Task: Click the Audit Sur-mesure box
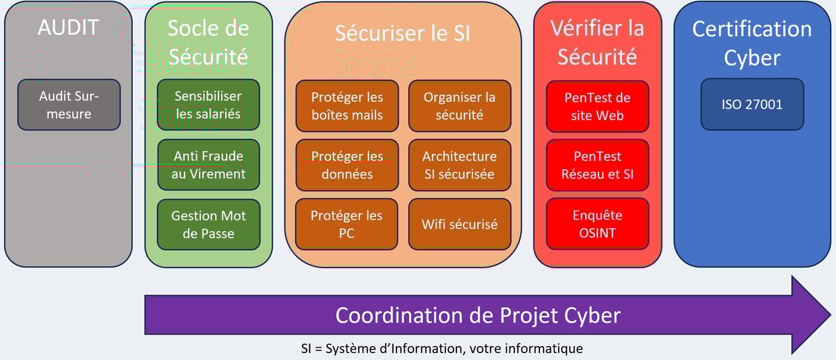69,105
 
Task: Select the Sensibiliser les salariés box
208,105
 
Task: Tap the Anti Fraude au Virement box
208,165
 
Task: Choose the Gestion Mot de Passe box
208,225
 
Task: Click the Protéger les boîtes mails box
347,106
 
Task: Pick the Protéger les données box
347,165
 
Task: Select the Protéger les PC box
347,224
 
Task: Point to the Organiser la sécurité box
460,106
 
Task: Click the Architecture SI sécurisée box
460,165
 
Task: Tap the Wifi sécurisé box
460,224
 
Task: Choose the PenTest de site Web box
597,107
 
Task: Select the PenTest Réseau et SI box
597,165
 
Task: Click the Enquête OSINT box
597,224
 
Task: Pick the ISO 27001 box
752,105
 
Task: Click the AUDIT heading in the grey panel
69,28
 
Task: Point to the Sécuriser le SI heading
402,34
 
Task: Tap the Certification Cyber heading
752,43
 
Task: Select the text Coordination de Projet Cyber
478,315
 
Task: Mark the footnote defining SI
442,349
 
